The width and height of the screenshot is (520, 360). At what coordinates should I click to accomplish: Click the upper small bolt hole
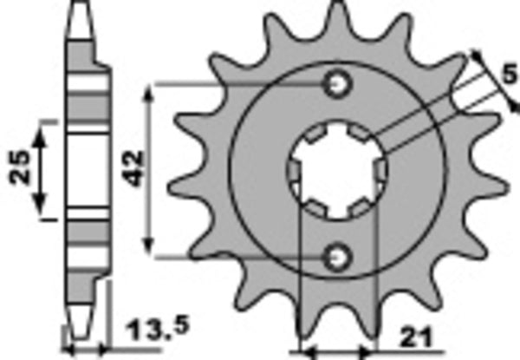[337, 83]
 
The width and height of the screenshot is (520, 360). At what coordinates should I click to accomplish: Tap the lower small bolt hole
[337, 255]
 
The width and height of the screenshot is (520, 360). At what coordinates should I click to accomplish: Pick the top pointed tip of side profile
[80, 7]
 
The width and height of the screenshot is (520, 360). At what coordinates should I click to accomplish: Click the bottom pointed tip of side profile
[80, 337]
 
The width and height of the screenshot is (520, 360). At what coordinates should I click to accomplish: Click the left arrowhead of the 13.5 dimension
[69, 351]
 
